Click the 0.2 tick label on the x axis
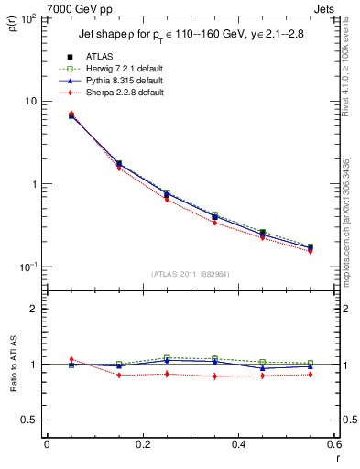coord(142,444)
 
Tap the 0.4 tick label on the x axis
coord(238,444)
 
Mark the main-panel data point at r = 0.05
coord(71,115)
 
